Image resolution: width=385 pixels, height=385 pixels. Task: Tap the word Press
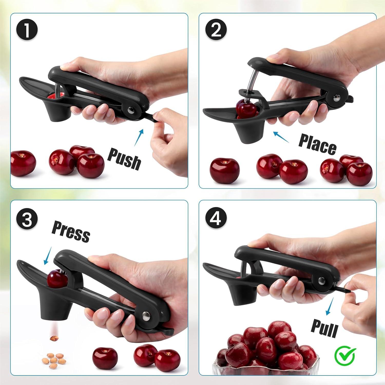pos(71,232)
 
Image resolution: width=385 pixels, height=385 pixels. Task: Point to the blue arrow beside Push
pos(139,138)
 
